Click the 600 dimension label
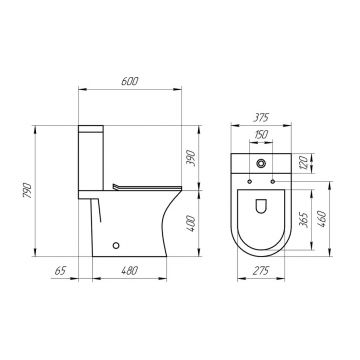pyautogui.click(x=129, y=81)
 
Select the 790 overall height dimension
pyautogui.click(x=27, y=190)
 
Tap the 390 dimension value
pyautogui.click(x=190, y=158)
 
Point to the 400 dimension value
pyautogui.click(x=190, y=223)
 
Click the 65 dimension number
pyautogui.click(x=60, y=271)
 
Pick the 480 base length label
pyautogui.click(x=129, y=271)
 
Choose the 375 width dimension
pyautogui.click(x=260, y=118)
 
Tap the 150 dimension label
pyautogui.click(x=261, y=135)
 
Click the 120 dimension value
pyautogui.click(x=303, y=163)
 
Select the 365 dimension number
pyautogui.click(x=303, y=219)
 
